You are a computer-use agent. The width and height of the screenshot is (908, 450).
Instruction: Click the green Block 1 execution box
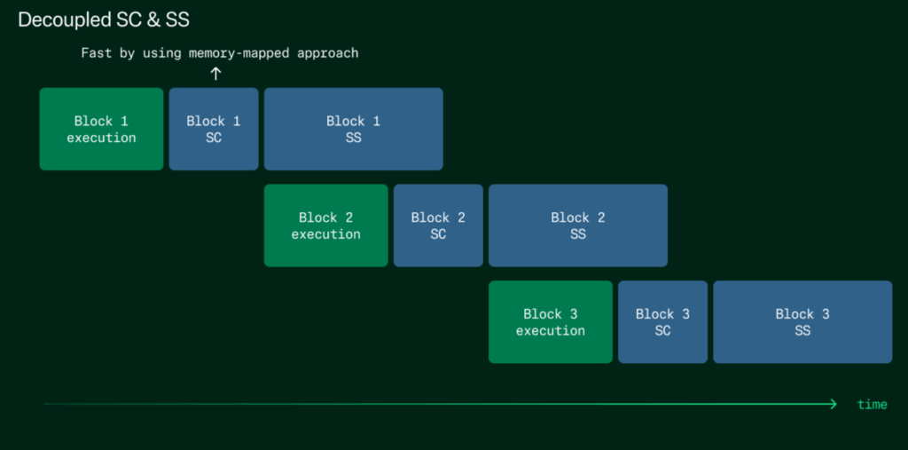[101, 129]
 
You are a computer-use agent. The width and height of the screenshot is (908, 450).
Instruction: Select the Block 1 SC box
[214, 129]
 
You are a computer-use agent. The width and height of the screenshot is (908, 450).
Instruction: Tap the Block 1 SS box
[353, 129]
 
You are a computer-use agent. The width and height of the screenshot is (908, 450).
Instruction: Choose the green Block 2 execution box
[326, 225]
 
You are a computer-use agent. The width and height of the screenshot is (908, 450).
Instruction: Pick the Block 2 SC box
[438, 225]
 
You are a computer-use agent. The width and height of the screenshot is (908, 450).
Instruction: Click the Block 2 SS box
[578, 225]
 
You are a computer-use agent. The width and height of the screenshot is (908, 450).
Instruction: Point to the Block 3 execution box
[551, 322]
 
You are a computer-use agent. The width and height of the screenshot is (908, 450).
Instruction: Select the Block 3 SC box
[663, 322]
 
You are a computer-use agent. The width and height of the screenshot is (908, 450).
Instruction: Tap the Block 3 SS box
[802, 322]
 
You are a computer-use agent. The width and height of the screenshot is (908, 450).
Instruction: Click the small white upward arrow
[215, 74]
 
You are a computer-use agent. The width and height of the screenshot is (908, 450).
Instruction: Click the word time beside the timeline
[873, 404]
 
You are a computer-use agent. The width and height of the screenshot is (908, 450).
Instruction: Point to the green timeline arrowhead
[834, 404]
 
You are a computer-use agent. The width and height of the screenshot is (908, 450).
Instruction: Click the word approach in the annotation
[328, 54]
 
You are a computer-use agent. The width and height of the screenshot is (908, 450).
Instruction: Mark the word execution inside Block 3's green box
[551, 330]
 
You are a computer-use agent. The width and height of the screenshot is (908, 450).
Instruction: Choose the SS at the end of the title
[177, 20]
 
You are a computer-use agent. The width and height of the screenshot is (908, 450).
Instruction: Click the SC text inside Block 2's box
[438, 233]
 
